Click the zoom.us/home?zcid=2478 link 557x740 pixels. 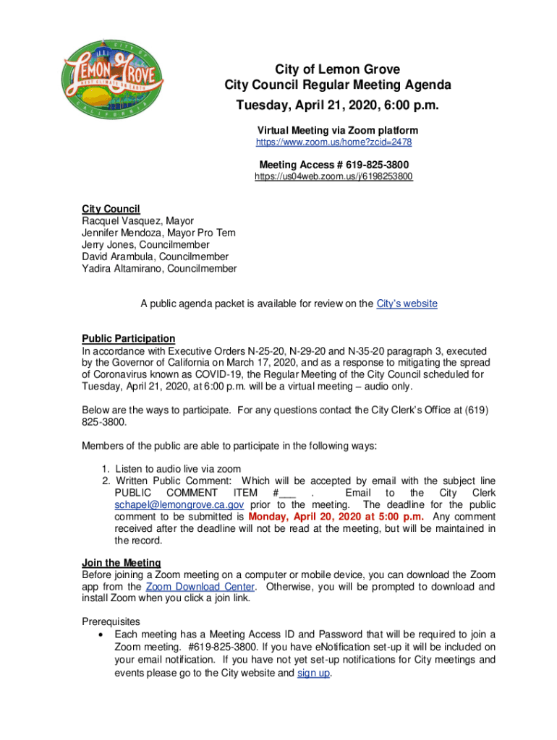(335, 143)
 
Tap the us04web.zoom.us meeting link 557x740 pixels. (334, 176)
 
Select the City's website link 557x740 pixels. (407, 304)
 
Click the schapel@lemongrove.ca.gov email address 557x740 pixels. (179, 505)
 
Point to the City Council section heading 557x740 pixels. (111, 209)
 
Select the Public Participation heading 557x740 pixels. (128, 338)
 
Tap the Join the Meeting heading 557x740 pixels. (121, 562)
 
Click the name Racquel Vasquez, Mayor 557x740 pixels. (137, 220)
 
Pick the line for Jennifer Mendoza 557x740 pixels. (158, 233)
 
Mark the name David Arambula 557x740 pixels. (155, 257)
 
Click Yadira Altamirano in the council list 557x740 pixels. (159, 269)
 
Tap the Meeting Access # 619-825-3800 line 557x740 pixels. (334, 164)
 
